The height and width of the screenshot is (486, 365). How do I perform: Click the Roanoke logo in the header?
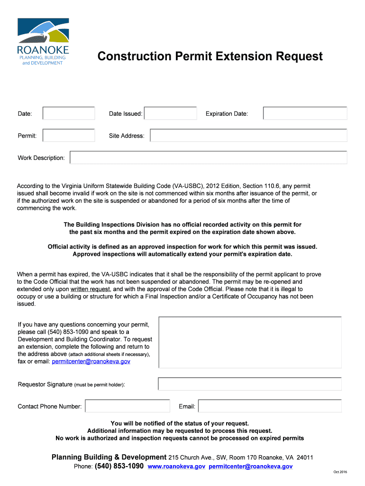pyautogui.click(x=43, y=42)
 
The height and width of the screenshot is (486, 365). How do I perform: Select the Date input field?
pyautogui.click(x=69, y=113)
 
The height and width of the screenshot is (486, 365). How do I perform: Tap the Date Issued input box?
pyautogui.click(x=170, y=113)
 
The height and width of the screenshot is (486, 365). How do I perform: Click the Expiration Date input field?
pyautogui.click(x=305, y=113)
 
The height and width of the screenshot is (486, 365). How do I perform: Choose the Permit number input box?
pyautogui.click(x=69, y=136)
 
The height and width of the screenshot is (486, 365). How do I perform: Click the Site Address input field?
pyautogui.click(x=248, y=136)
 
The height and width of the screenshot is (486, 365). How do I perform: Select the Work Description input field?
pyautogui.click(x=208, y=158)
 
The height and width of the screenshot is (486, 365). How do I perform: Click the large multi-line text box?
pyautogui.click(x=250, y=342)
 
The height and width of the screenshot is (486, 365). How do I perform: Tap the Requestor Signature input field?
pyautogui.click(x=250, y=384)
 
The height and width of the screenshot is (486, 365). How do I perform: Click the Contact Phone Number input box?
pyautogui.click(x=127, y=406)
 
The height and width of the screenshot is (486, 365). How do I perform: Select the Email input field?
pyautogui.click(x=270, y=406)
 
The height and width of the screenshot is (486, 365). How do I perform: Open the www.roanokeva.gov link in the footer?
pyautogui.click(x=176, y=467)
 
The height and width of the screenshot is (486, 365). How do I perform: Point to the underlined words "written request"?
pyautogui.click(x=90, y=289)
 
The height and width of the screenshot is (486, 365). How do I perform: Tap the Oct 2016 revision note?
pyautogui.click(x=340, y=472)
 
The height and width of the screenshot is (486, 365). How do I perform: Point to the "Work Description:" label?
pyautogui.click(x=41, y=158)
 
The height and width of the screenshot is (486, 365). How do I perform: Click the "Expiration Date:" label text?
pyautogui.click(x=227, y=114)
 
